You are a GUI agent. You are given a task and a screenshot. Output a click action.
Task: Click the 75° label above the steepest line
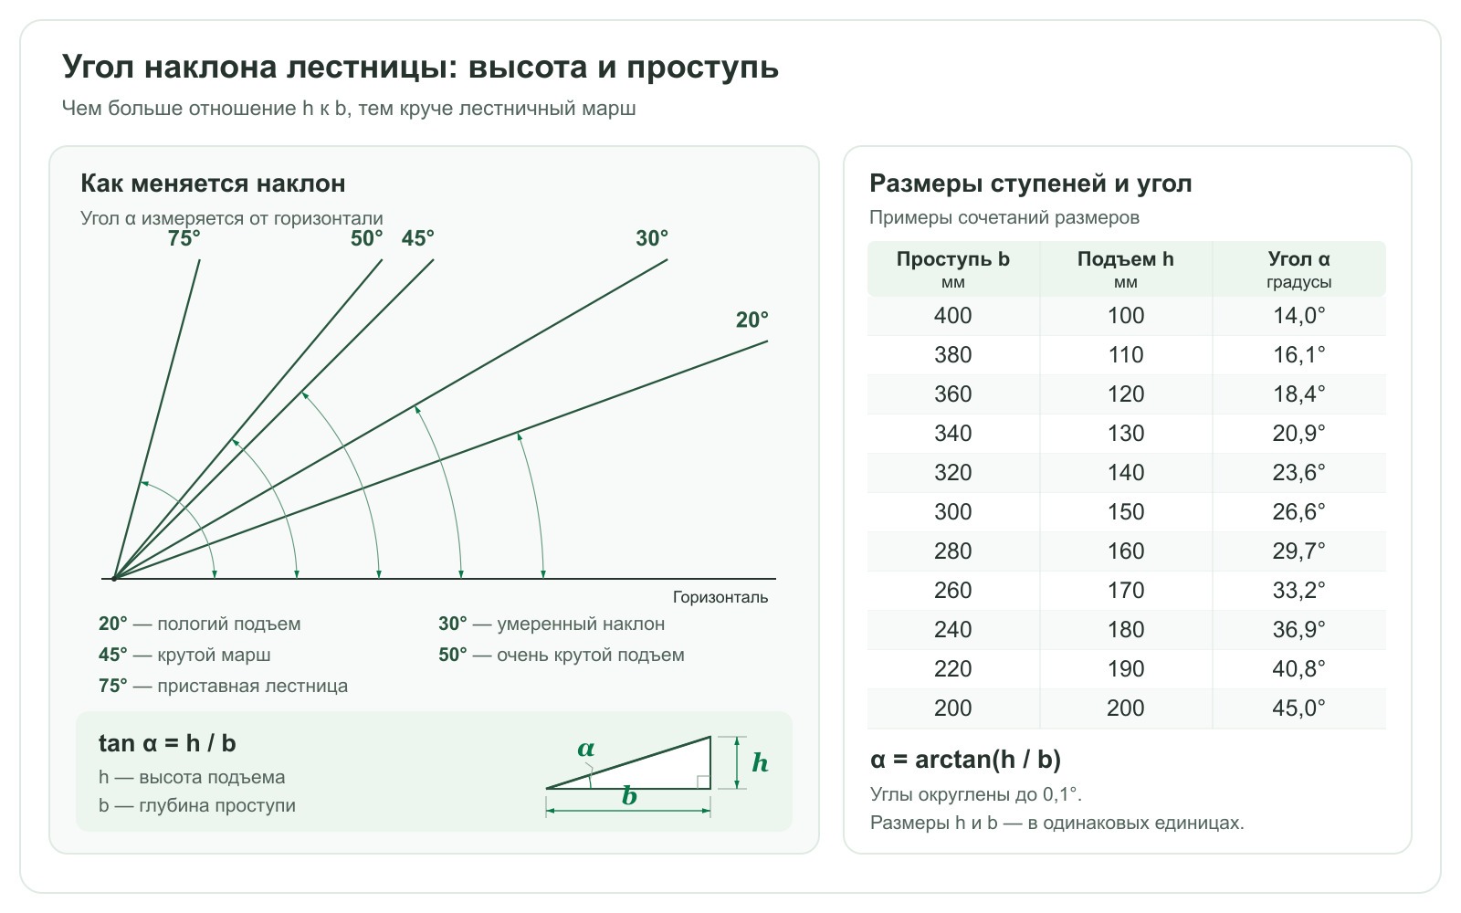(184, 238)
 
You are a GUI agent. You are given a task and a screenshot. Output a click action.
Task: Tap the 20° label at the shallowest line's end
(752, 320)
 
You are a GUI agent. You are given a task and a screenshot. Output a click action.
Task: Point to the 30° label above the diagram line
(652, 238)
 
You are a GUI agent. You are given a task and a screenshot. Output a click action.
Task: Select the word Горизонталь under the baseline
(720, 597)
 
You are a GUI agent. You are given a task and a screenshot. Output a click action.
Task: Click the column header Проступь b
(953, 259)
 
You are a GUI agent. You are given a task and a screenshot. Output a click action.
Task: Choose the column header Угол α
(1298, 259)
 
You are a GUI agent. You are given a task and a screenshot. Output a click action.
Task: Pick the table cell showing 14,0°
(1298, 316)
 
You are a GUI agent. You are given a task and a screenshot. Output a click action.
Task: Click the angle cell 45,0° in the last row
(1298, 708)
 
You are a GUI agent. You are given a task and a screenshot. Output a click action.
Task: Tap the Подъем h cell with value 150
(1126, 512)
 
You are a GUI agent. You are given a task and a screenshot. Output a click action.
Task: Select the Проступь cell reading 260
(953, 590)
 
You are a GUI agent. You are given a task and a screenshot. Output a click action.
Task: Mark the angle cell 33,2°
(1298, 590)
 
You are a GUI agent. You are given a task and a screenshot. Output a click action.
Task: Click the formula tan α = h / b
(167, 743)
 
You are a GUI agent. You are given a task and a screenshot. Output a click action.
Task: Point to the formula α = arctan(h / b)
(965, 760)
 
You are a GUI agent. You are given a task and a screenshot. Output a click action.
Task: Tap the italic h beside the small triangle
(760, 762)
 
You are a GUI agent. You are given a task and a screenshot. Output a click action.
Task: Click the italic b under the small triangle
(629, 796)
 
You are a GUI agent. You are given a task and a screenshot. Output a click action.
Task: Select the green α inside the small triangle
(585, 749)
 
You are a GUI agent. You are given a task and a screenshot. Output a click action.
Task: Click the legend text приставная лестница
(252, 686)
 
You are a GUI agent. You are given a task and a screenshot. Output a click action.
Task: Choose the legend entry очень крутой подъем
(590, 655)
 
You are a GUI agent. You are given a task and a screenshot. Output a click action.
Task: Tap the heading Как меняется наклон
(213, 184)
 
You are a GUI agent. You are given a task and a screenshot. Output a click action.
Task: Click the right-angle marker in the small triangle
(704, 782)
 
